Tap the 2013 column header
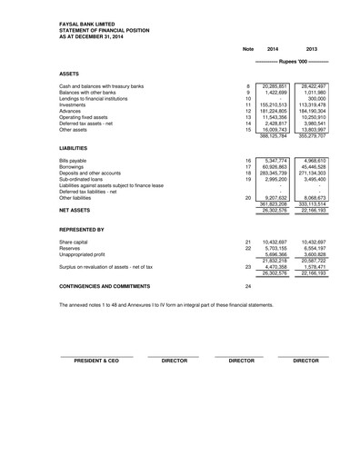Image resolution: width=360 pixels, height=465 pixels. [311, 47]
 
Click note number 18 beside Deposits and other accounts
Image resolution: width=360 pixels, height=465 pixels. [247, 173]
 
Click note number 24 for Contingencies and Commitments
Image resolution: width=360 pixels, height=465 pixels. [247, 286]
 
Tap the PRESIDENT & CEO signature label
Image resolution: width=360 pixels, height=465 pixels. [96, 360]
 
